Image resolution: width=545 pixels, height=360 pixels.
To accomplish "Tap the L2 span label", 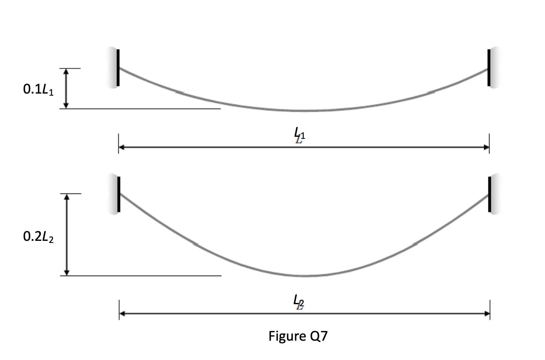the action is tap(299, 302).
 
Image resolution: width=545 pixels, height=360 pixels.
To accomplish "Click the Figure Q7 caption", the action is tap(298, 336).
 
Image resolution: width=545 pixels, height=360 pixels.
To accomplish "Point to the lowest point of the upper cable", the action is tap(304, 111).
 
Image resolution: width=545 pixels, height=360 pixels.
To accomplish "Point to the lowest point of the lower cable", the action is tap(304, 276).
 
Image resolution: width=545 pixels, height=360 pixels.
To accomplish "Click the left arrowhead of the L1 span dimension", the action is tap(122, 147).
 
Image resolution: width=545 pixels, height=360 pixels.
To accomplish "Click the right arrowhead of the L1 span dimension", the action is tap(486, 147).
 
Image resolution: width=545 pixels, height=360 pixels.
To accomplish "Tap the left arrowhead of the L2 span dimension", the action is tap(122, 313).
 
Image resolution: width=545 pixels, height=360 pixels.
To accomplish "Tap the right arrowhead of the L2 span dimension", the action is tap(487, 313).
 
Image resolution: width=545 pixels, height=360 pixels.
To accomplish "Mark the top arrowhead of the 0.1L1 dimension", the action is tap(66, 72).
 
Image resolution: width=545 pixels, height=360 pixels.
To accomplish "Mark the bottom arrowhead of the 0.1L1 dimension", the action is tap(66, 105).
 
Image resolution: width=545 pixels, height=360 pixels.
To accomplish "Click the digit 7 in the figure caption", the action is tap(322, 336).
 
